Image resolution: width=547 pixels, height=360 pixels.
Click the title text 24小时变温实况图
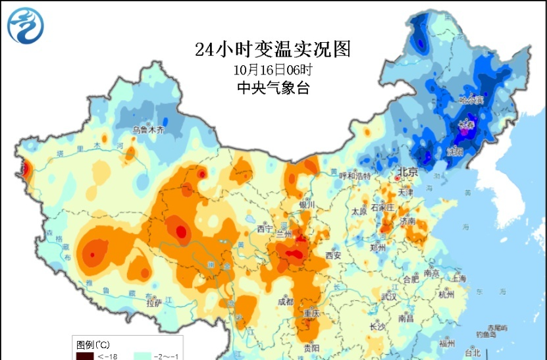pyautogui.click(x=273, y=49)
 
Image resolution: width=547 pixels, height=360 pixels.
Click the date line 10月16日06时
pyautogui.click(x=273, y=68)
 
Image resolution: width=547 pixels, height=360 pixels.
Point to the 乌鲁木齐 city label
pyautogui.click(x=148, y=130)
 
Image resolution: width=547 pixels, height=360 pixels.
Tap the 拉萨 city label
pyautogui.click(x=153, y=303)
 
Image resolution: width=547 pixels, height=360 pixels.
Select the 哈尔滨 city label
pyautogui.click(x=471, y=100)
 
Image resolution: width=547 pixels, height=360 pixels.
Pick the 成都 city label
pyautogui.click(x=286, y=302)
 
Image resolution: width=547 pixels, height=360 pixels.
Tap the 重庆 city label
pyautogui.click(x=311, y=314)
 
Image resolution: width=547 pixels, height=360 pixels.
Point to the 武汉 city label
pyautogui.click(x=389, y=297)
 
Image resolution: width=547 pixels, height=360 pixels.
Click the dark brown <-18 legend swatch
pyautogui.click(x=84, y=355)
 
